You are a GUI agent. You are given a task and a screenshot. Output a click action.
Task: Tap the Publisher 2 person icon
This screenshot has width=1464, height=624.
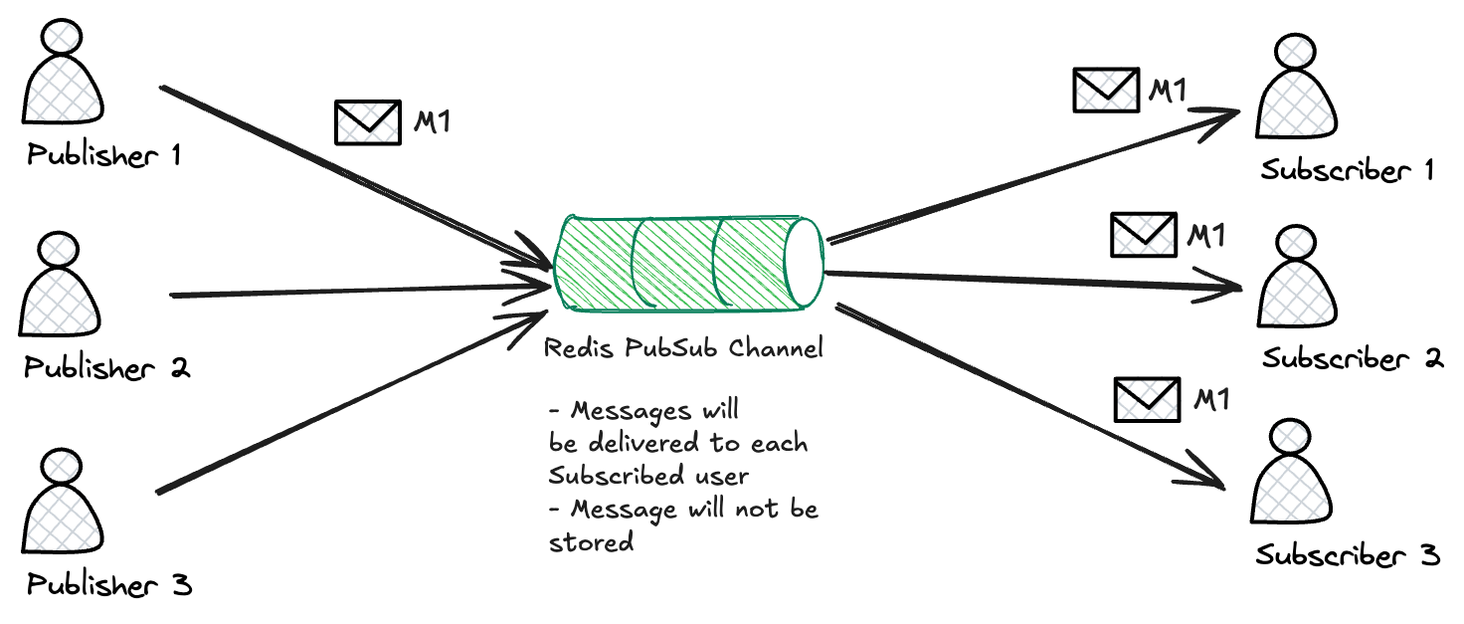60,284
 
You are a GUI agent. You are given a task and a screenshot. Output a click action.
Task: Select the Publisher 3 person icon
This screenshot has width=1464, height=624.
63,503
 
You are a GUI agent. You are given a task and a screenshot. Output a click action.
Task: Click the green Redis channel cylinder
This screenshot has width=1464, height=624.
676,262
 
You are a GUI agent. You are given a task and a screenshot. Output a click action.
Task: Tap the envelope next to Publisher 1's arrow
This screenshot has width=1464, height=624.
367,123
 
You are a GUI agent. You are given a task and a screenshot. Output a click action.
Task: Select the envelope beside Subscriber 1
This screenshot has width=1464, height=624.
1105,90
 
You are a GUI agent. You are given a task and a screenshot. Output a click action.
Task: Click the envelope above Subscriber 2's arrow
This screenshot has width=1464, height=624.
1143,235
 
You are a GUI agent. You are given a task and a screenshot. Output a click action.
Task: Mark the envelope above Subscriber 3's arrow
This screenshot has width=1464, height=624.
1147,400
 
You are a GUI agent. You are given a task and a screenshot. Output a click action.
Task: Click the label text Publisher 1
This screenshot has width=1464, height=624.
103,157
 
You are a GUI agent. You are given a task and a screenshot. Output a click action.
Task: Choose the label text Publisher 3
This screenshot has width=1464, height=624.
108,585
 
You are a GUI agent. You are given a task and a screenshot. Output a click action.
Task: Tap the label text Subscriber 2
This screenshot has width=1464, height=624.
1352,357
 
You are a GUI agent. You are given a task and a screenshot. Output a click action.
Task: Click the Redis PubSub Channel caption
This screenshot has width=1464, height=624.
684,350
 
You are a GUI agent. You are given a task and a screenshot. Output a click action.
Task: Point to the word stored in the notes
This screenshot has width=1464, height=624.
591,542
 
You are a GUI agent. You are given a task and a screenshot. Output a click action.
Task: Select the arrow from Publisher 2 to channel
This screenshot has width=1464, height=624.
358,291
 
